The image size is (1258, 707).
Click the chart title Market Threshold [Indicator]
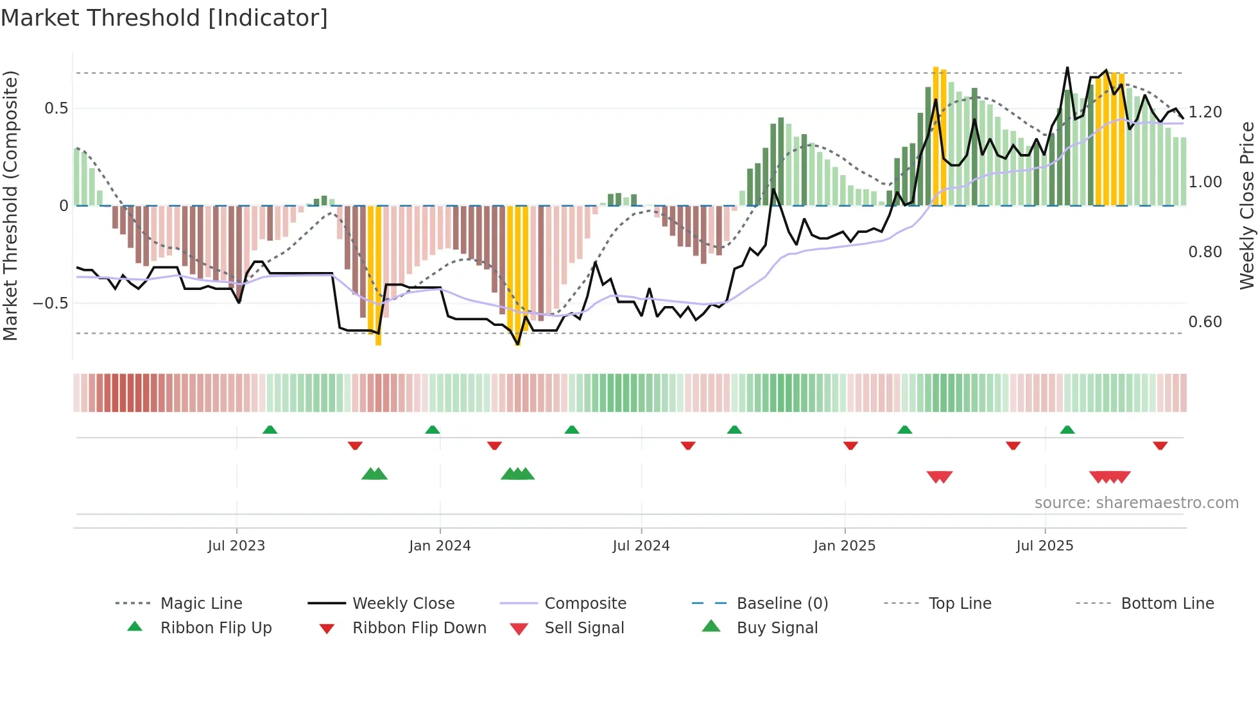[164, 18]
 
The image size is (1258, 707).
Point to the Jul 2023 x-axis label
[236, 546]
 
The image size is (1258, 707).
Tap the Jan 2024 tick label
[440, 546]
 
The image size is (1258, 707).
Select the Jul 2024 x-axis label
[641, 546]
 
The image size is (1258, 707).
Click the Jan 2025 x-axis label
[844, 546]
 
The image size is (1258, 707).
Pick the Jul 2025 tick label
[1044, 546]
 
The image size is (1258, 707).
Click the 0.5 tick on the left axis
[56, 108]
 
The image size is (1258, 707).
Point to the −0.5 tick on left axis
[50, 303]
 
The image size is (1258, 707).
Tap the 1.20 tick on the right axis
[1205, 112]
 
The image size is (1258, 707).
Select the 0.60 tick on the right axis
[1205, 322]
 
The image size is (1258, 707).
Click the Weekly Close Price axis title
[1246, 205]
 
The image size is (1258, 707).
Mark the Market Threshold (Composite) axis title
[10, 205]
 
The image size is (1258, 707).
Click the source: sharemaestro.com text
[1136, 503]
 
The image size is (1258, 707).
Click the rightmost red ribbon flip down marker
[1160, 446]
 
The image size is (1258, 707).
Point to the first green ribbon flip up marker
[270, 430]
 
